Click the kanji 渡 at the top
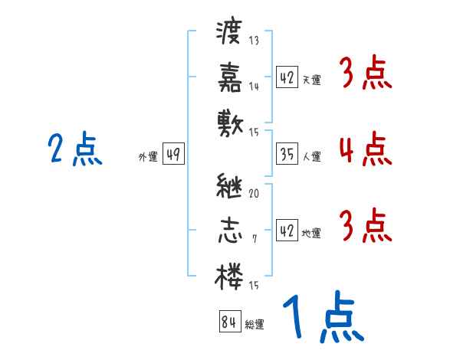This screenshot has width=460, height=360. click(x=230, y=34)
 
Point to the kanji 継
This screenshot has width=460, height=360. click(x=230, y=187)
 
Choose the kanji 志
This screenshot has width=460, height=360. click(x=230, y=230)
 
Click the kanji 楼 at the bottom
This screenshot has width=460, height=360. click(x=230, y=273)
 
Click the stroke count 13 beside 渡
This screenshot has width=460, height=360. click(x=254, y=41)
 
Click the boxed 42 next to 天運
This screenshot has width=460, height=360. click(x=287, y=78)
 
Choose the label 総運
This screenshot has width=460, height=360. click(x=255, y=324)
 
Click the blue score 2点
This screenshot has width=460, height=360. click(x=74, y=149)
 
